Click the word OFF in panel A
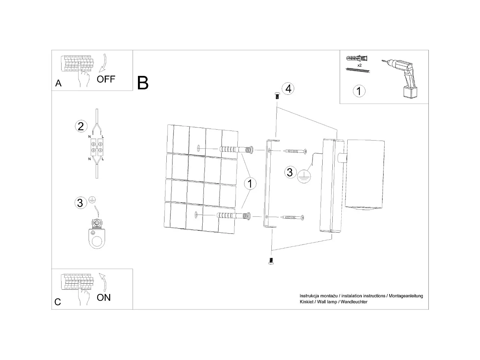tap(106, 79)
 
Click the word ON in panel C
tap(104, 298)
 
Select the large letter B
tap(143, 83)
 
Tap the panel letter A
tap(58, 83)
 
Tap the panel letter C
tap(58, 302)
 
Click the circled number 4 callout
tap(288, 89)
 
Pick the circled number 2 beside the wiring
tap(81, 126)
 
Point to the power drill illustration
tap(402, 79)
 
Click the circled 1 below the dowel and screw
tap(359, 91)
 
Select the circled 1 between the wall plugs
tap(250, 184)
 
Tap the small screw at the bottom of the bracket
tap(271, 261)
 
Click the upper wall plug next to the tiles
tap(236, 150)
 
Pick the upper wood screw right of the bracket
tap(295, 151)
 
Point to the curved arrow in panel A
tap(103, 63)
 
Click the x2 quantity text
tap(359, 65)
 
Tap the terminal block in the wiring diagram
tap(96, 147)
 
